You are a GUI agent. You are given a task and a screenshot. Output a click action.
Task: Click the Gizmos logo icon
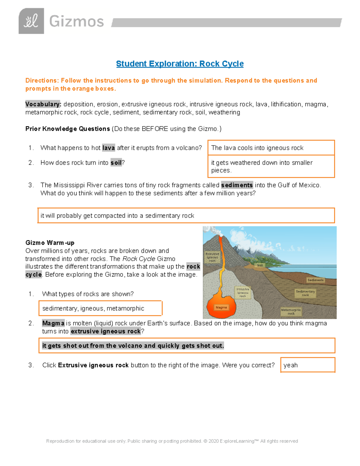coord(31,21)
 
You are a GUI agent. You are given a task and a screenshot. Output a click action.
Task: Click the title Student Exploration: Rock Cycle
coord(180,64)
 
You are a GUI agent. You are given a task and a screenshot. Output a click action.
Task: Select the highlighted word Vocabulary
coord(43,104)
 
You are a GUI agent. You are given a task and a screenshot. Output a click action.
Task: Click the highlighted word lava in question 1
coord(108,148)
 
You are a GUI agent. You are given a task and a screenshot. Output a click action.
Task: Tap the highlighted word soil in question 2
coord(116,163)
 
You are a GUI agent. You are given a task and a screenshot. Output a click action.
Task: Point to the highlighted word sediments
coord(237,185)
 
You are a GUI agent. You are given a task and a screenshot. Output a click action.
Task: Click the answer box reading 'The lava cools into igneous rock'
coord(271,148)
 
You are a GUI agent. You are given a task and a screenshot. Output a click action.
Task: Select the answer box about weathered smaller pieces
coord(271,166)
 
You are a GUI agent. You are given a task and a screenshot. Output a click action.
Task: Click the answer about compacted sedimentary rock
coord(186,215)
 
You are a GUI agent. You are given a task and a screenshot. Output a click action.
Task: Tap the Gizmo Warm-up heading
coord(50,242)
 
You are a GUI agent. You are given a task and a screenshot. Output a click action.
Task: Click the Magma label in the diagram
coord(221,307)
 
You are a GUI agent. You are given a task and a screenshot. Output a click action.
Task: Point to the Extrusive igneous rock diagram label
coord(212,257)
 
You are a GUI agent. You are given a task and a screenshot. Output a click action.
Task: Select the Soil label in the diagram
coord(260,265)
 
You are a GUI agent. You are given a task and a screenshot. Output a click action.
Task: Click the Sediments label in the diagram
coord(315,280)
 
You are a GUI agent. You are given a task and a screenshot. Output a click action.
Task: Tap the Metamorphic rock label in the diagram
coord(291,311)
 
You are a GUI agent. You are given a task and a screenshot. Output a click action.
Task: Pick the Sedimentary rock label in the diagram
coord(305,293)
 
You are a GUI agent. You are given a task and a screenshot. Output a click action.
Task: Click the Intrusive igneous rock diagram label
coord(243,293)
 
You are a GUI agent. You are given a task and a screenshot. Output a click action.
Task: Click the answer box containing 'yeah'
coord(307,365)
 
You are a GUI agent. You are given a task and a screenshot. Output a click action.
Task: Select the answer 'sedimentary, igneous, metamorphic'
coord(100,308)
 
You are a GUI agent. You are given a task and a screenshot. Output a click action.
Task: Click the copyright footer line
coord(172,441)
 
